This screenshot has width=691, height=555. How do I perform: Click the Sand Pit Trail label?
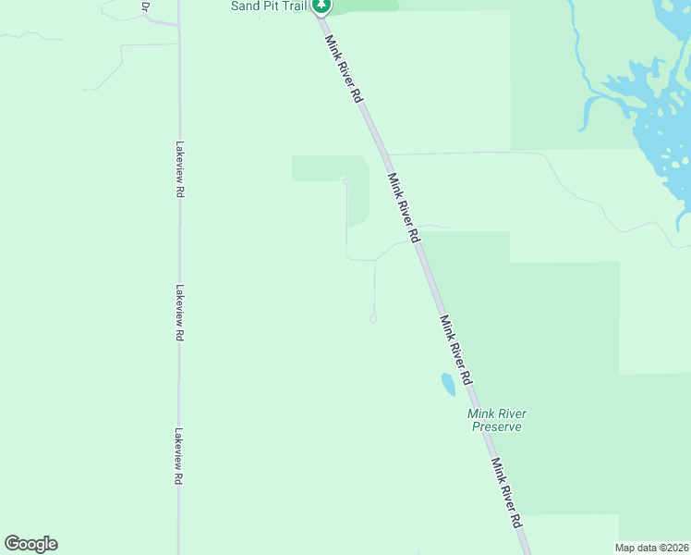268,6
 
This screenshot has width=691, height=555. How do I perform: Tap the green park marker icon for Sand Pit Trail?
321,6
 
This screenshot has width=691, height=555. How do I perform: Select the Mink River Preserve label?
497,420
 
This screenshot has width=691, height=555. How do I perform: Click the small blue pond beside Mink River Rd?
448,384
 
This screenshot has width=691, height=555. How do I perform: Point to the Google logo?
30,544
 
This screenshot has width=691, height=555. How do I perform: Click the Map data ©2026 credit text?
651,548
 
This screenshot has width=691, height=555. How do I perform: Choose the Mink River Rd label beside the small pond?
456,351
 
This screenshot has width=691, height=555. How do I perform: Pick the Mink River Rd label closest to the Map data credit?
507,493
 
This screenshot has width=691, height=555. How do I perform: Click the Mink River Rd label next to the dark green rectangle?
404,208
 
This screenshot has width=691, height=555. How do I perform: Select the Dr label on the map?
145,6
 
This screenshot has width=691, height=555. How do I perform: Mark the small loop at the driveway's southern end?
373,318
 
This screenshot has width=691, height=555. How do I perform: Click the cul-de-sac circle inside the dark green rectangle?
345,180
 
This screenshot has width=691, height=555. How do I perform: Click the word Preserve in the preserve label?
497,426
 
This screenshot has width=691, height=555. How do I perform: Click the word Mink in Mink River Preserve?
481,413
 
